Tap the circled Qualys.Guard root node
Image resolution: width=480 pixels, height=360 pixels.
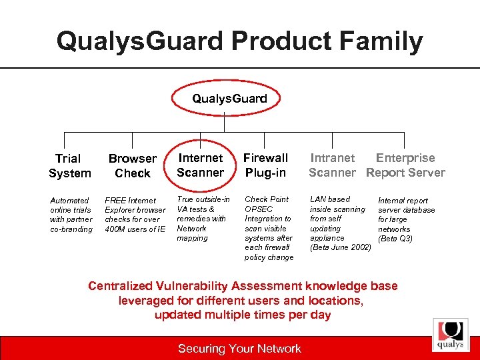coord(229,99)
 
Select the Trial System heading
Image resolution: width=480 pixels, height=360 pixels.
coord(69,166)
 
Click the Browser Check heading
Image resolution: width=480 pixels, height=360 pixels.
coord(132,166)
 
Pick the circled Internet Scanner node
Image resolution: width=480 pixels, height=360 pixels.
coord(200,165)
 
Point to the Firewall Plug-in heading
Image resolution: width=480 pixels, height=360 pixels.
coord(265,165)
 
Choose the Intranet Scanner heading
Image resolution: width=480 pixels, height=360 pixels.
coord(332,165)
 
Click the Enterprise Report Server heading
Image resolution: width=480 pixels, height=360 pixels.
coord(405,165)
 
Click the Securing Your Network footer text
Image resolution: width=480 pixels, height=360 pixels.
coord(239,349)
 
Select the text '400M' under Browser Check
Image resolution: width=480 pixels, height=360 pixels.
coord(117,229)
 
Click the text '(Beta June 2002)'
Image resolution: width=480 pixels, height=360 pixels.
coord(341,247)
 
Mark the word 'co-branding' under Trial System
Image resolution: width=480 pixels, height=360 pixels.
coord(72,229)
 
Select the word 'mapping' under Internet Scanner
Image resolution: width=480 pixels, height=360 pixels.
coord(192,238)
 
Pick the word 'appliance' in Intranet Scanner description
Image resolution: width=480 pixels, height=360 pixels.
coord(327,238)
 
